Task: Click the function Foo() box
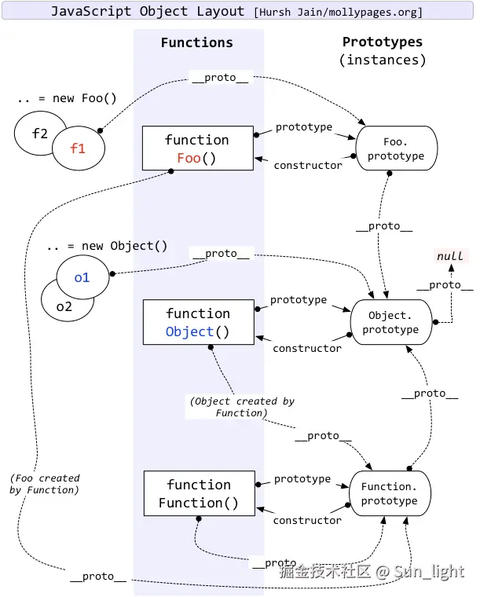[x=197, y=148]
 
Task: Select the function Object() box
[x=198, y=322]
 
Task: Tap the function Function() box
[x=199, y=493]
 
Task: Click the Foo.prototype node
[x=396, y=148]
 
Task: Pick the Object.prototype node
[x=390, y=322]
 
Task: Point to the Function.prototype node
[x=390, y=493]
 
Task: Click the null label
[x=450, y=256]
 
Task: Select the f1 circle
[x=79, y=148]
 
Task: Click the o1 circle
[x=82, y=277]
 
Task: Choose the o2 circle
[x=63, y=306]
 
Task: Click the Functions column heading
[x=196, y=43]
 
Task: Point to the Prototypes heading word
[x=383, y=42]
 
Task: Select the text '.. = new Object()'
[x=107, y=246]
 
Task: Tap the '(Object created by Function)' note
[x=242, y=406]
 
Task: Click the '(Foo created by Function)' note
[x=45, y=484]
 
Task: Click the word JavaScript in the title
[x=86, y=12]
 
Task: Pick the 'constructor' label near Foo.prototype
[x=308, y=165]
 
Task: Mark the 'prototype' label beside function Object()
[x=299, y=300]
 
